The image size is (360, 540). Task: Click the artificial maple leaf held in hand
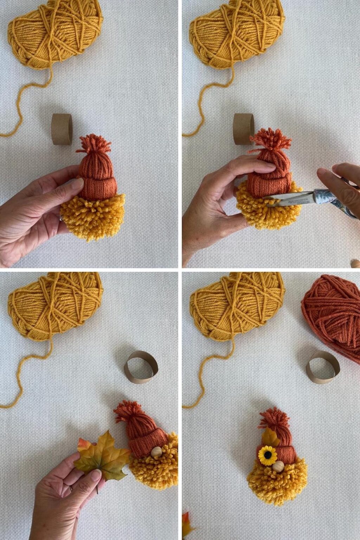tap(102, 457)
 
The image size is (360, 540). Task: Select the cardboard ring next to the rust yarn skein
tap(322, 367)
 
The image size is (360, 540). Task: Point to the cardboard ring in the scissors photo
tap(243, 129)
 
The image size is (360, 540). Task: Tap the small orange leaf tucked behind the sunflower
tap(270, 438)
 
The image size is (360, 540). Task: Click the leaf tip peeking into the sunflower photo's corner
tap(186, 524)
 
